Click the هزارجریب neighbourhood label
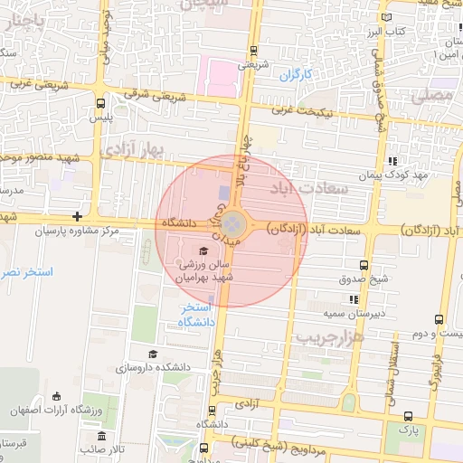click(x=354, y=338)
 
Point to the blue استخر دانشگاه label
click(x=195, y=316)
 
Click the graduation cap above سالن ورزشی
click(x=203, y=250)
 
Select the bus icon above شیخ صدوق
click(x=364, y=266)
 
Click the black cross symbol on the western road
click(x=78, y=216)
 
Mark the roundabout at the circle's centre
click(x=232, y=222)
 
